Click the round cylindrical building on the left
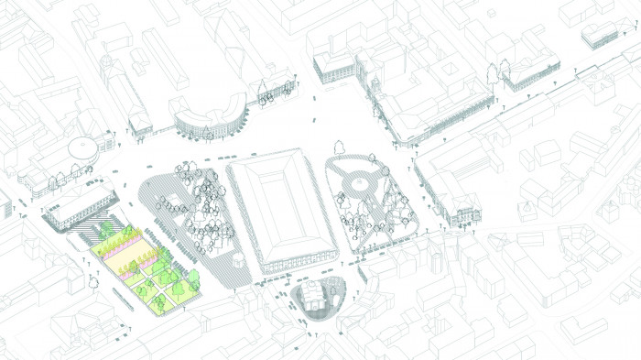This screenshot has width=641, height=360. (x=83, y=147)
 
